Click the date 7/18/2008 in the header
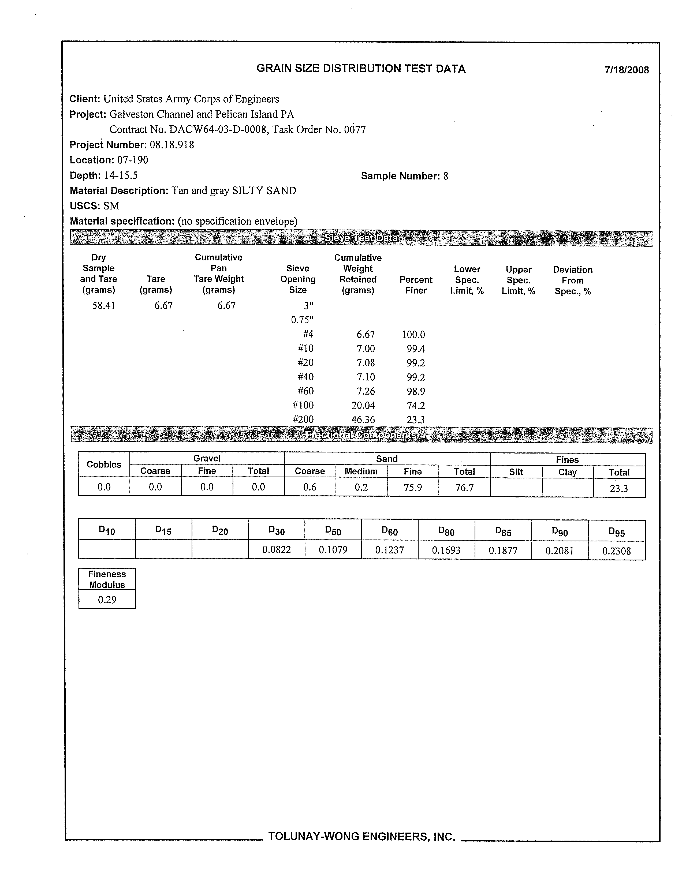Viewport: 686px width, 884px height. (627, 70)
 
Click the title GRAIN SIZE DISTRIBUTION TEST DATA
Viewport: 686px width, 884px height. (361, 69)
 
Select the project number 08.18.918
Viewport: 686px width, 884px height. (172, 145)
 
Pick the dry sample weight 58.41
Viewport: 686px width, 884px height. (104, 306)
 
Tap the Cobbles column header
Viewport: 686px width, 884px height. (104, 465)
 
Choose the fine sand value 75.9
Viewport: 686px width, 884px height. (413, 488)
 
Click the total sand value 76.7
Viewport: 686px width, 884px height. (464, 488)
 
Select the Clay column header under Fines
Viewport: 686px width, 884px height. (567, 472)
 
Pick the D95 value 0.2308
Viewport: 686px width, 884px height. (616, 551)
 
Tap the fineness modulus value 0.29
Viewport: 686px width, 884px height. (107, 600)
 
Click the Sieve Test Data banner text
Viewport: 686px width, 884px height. (360, 238)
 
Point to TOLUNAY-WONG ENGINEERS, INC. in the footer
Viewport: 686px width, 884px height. (362, 837)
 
